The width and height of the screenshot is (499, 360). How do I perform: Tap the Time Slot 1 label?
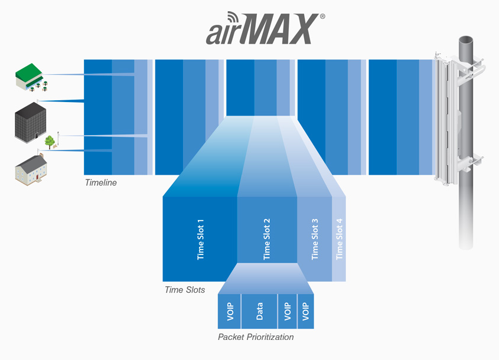(x=201, y=240)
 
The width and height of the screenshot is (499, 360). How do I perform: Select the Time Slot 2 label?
(x=267, y=239)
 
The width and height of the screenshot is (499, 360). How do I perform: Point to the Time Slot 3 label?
(x=315, y=239)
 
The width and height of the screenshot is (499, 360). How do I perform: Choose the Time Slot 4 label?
(x=339, y=239)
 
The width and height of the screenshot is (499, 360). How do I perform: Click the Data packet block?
(x=259, y=312)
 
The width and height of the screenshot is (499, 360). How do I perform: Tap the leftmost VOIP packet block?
(x=230, y=312)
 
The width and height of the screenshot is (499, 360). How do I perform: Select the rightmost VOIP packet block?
(x=305, y=312)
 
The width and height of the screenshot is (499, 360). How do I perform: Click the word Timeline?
(x=101, y=182)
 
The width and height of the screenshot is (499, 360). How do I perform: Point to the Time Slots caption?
(x=185, y=290)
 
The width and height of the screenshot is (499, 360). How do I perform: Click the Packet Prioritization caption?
(x=256, y=337)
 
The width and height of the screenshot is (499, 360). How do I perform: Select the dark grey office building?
(x=31, y=122)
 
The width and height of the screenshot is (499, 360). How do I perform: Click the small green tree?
(x=50, y=142)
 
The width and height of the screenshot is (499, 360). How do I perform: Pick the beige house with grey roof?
(x=31, y=170)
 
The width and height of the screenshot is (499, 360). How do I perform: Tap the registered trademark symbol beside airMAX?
(x=322, y=16)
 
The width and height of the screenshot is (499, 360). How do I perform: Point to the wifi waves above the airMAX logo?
(x=234, y=18)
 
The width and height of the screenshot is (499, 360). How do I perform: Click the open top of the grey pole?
(x=465, y=40)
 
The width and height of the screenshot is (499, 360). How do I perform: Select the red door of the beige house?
(x=37, y=176)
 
